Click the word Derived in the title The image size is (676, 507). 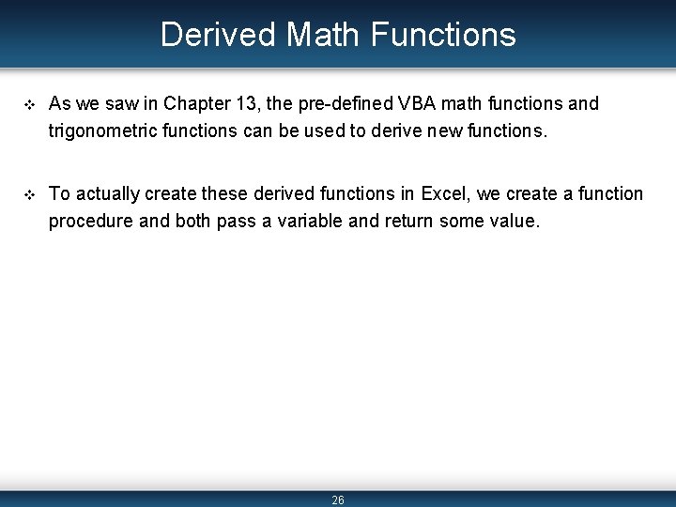(218, 35)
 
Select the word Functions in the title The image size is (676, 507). (443, 35)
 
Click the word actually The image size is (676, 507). (107, 194)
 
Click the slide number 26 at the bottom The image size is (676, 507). (338, 500)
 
